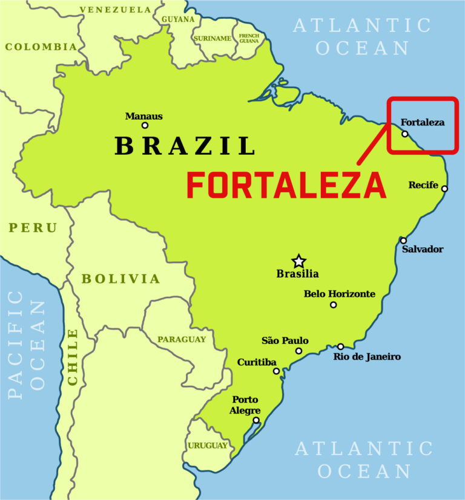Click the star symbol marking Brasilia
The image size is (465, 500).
coord(298,261)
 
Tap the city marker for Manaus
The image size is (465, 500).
coord(145,126)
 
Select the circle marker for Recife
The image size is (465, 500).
coord(444,189)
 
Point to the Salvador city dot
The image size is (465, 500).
coord(403,241)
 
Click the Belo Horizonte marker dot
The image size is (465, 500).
coord(333,305)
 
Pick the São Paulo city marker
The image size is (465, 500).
coord(298,351)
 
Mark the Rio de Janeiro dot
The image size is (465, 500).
coord(341,346)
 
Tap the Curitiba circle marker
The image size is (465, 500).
coord(276,371)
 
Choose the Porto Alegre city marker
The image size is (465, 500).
coord(256,420)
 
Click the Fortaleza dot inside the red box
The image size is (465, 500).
coord(405,134)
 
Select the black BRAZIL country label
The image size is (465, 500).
coord(185,146)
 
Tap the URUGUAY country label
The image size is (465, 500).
coord(208,446)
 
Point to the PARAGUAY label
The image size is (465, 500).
coord(182,340)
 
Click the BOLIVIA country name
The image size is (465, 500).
coord(121,279)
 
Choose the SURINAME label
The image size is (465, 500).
coord(213,39)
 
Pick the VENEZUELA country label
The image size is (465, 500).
coord(115,10)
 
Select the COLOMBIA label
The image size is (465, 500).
coord(41,47)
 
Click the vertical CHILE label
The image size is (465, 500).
coord(73,357)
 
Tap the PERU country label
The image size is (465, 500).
coord(33,228)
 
